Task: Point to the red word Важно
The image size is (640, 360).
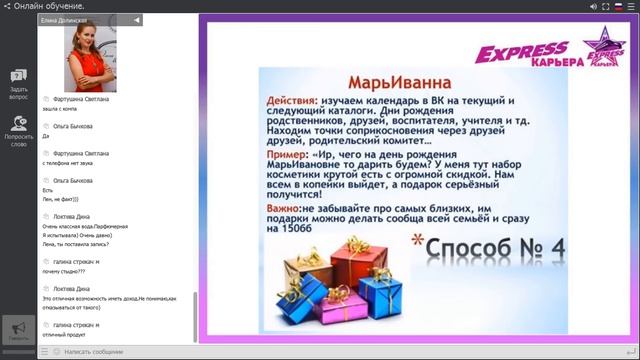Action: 287,206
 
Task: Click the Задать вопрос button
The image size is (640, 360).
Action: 18,84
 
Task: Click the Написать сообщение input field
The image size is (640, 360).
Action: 120,352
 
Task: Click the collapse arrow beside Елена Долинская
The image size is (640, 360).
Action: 137,20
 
